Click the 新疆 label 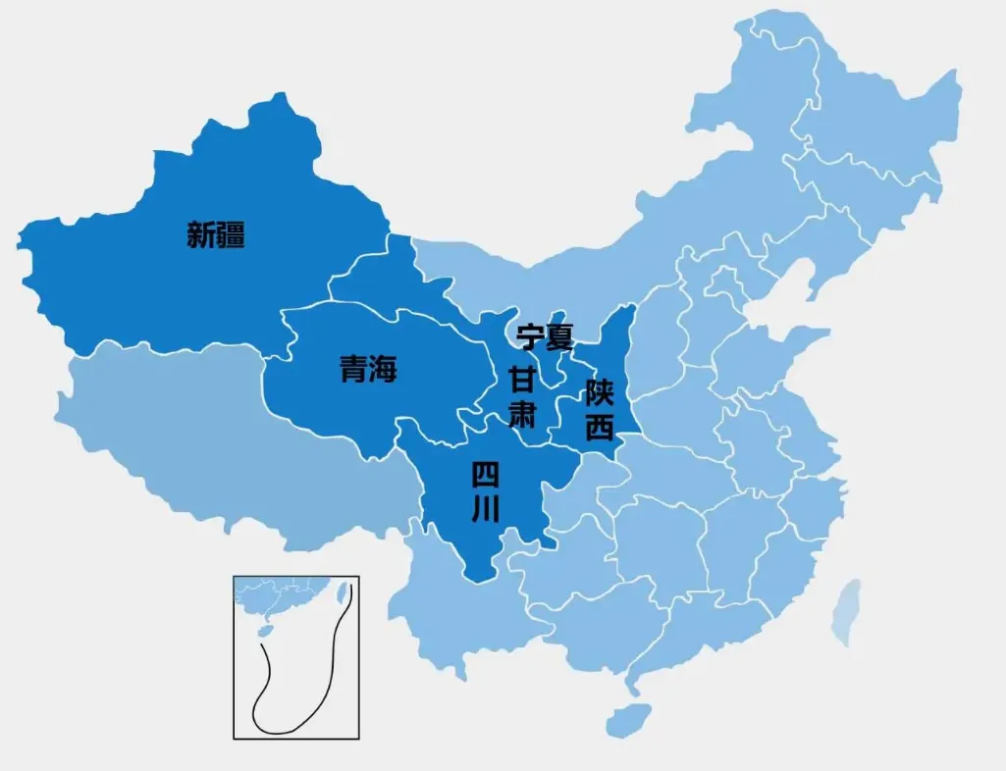pos(216,235)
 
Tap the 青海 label pos(368,370)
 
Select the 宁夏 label pos(545,338)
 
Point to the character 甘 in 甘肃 pos(522,379)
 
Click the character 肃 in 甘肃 pos(522,413)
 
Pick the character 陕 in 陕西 pos(599,394)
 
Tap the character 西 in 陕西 pos(599,428)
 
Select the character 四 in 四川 pos(486,476)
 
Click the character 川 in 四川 pos(486,509)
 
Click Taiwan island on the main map pos(846,610)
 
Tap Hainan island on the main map pos(628,719)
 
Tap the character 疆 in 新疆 pos(232,235)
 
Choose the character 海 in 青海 pos(383,370)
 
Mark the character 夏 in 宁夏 pos(559,338)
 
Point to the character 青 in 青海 pos(353,370)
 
